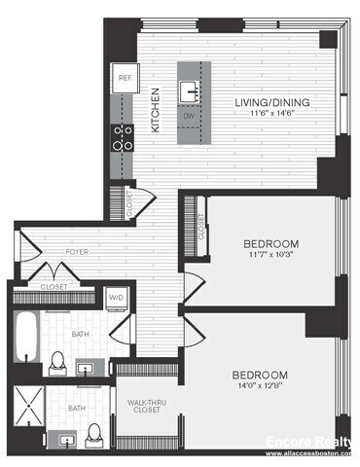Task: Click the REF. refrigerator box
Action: [125, 78]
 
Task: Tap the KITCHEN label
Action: [155, 109]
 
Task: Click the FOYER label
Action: [78, 252]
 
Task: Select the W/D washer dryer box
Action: [114, 298]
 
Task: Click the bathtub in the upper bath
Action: [26, 337]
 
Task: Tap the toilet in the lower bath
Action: [94, 433]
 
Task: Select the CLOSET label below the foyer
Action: [54, 287]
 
